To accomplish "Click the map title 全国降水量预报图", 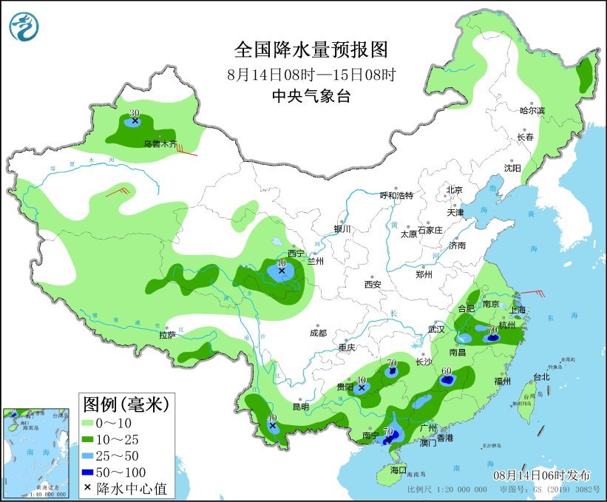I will tap(311, 50).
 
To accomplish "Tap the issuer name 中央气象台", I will tap(311, 95).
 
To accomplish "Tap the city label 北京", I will tap(454, 190).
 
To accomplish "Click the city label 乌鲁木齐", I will tap(160, 144).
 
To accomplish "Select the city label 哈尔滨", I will tap(532, 110).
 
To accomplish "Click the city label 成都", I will tap(318, 333).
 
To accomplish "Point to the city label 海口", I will tap(399, 469).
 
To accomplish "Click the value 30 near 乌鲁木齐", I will tap(134, 113).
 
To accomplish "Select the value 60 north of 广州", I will tap(446, 371).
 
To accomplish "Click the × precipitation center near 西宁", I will tap(281, 271).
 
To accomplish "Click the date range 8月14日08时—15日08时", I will tap(311, 74).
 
